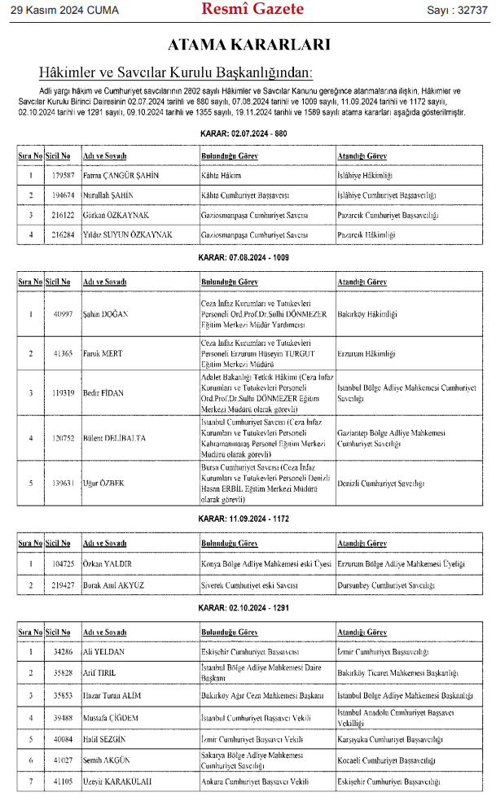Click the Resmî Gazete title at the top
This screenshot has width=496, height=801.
tap(252, 10)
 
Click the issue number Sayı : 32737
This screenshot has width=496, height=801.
tap(456, 11)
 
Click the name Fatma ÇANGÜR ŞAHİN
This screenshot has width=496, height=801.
tap(121, 175)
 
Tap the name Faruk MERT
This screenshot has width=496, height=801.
tap(101, 354)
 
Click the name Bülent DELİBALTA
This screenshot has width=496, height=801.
tap(115, 438)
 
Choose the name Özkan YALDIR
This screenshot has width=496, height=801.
tap(108, 563)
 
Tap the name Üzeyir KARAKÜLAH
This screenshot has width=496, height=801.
tap(117, 781)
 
